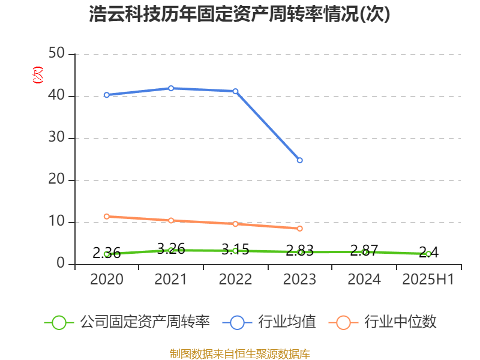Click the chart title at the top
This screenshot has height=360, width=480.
[x=239, y=14]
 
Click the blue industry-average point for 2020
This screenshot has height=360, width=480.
[x=106, y=95]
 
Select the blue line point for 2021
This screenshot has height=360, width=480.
[x=171, y=88]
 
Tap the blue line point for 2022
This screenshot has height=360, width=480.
[x=235, y=91]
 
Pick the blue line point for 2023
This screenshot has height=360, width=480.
[x=300, y=160]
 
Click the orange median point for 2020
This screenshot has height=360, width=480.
[x=106, y=216]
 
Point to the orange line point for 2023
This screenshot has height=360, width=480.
[x=300, y=229]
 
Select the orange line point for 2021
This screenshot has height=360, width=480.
[x=171, y=220]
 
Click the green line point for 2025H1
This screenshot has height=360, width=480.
[x=428, y=254]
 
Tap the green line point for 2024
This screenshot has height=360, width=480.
[x=364, y=252]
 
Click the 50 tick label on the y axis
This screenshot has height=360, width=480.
[x=57, y=54]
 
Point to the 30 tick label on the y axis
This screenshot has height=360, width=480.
[x=57, y=138]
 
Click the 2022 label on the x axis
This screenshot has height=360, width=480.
[x=235, y=280]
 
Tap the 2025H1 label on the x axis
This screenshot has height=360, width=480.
[x=428, y=280]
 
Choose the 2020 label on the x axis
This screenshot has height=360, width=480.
[x=106, y=280]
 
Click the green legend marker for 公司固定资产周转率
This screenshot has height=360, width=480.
[x=59, y=322]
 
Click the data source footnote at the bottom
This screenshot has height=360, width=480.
[x=239, y=353]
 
